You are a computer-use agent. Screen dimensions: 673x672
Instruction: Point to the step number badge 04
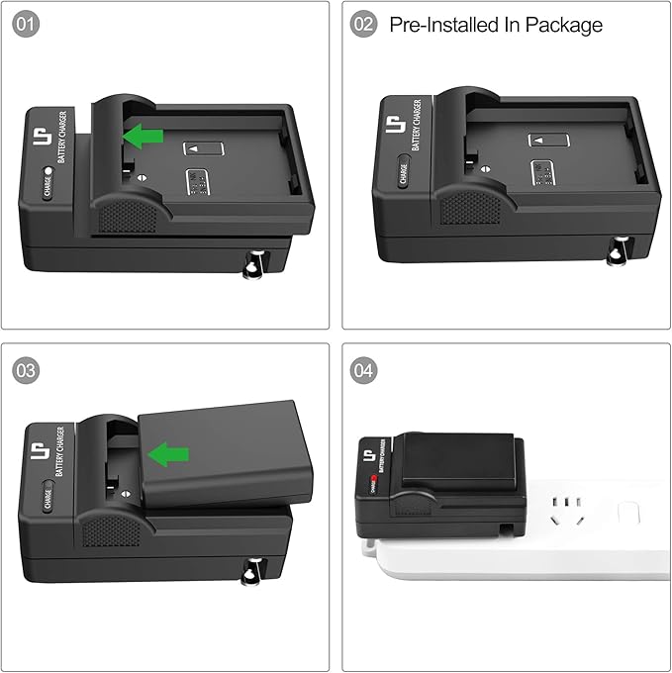pos(364,370)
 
